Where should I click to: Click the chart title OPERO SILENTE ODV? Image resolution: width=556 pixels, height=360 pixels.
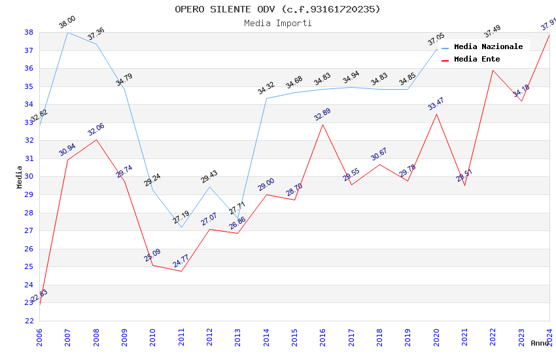click(277, 9)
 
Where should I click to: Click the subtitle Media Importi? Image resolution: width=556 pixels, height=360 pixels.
click(277, 23)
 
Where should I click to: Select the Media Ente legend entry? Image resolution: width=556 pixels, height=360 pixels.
click(477, 59)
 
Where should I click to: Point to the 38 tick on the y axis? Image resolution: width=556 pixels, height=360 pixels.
click(29, 32)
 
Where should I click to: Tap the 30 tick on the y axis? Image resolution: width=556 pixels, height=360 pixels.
click(29, 177)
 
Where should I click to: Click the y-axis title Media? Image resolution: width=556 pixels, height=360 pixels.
click(20, 177)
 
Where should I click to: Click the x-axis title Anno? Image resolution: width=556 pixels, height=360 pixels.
click(540, 343)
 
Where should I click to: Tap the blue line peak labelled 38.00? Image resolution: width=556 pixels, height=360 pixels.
click(68, 32)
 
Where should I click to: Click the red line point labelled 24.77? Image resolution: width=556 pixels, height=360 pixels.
click(181, 271)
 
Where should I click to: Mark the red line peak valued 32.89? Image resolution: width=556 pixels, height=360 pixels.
click(322, 124)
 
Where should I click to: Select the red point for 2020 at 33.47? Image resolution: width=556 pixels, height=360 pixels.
click(436, 114)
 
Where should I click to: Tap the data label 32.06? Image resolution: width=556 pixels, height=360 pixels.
click(96, 130)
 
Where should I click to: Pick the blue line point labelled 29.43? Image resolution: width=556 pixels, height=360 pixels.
click(209, 187)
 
